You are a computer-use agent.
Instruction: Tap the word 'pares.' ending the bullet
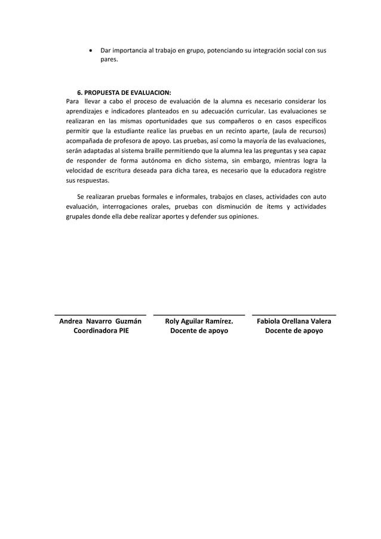109,60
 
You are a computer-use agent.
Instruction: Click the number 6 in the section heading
79,92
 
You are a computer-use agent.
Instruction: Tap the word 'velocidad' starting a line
80,170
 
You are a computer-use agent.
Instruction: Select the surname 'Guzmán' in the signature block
128,321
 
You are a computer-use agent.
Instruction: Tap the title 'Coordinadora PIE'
101,331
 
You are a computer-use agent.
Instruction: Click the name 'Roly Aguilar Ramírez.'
199,321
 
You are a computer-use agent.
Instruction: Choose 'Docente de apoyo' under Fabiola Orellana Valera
294,331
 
